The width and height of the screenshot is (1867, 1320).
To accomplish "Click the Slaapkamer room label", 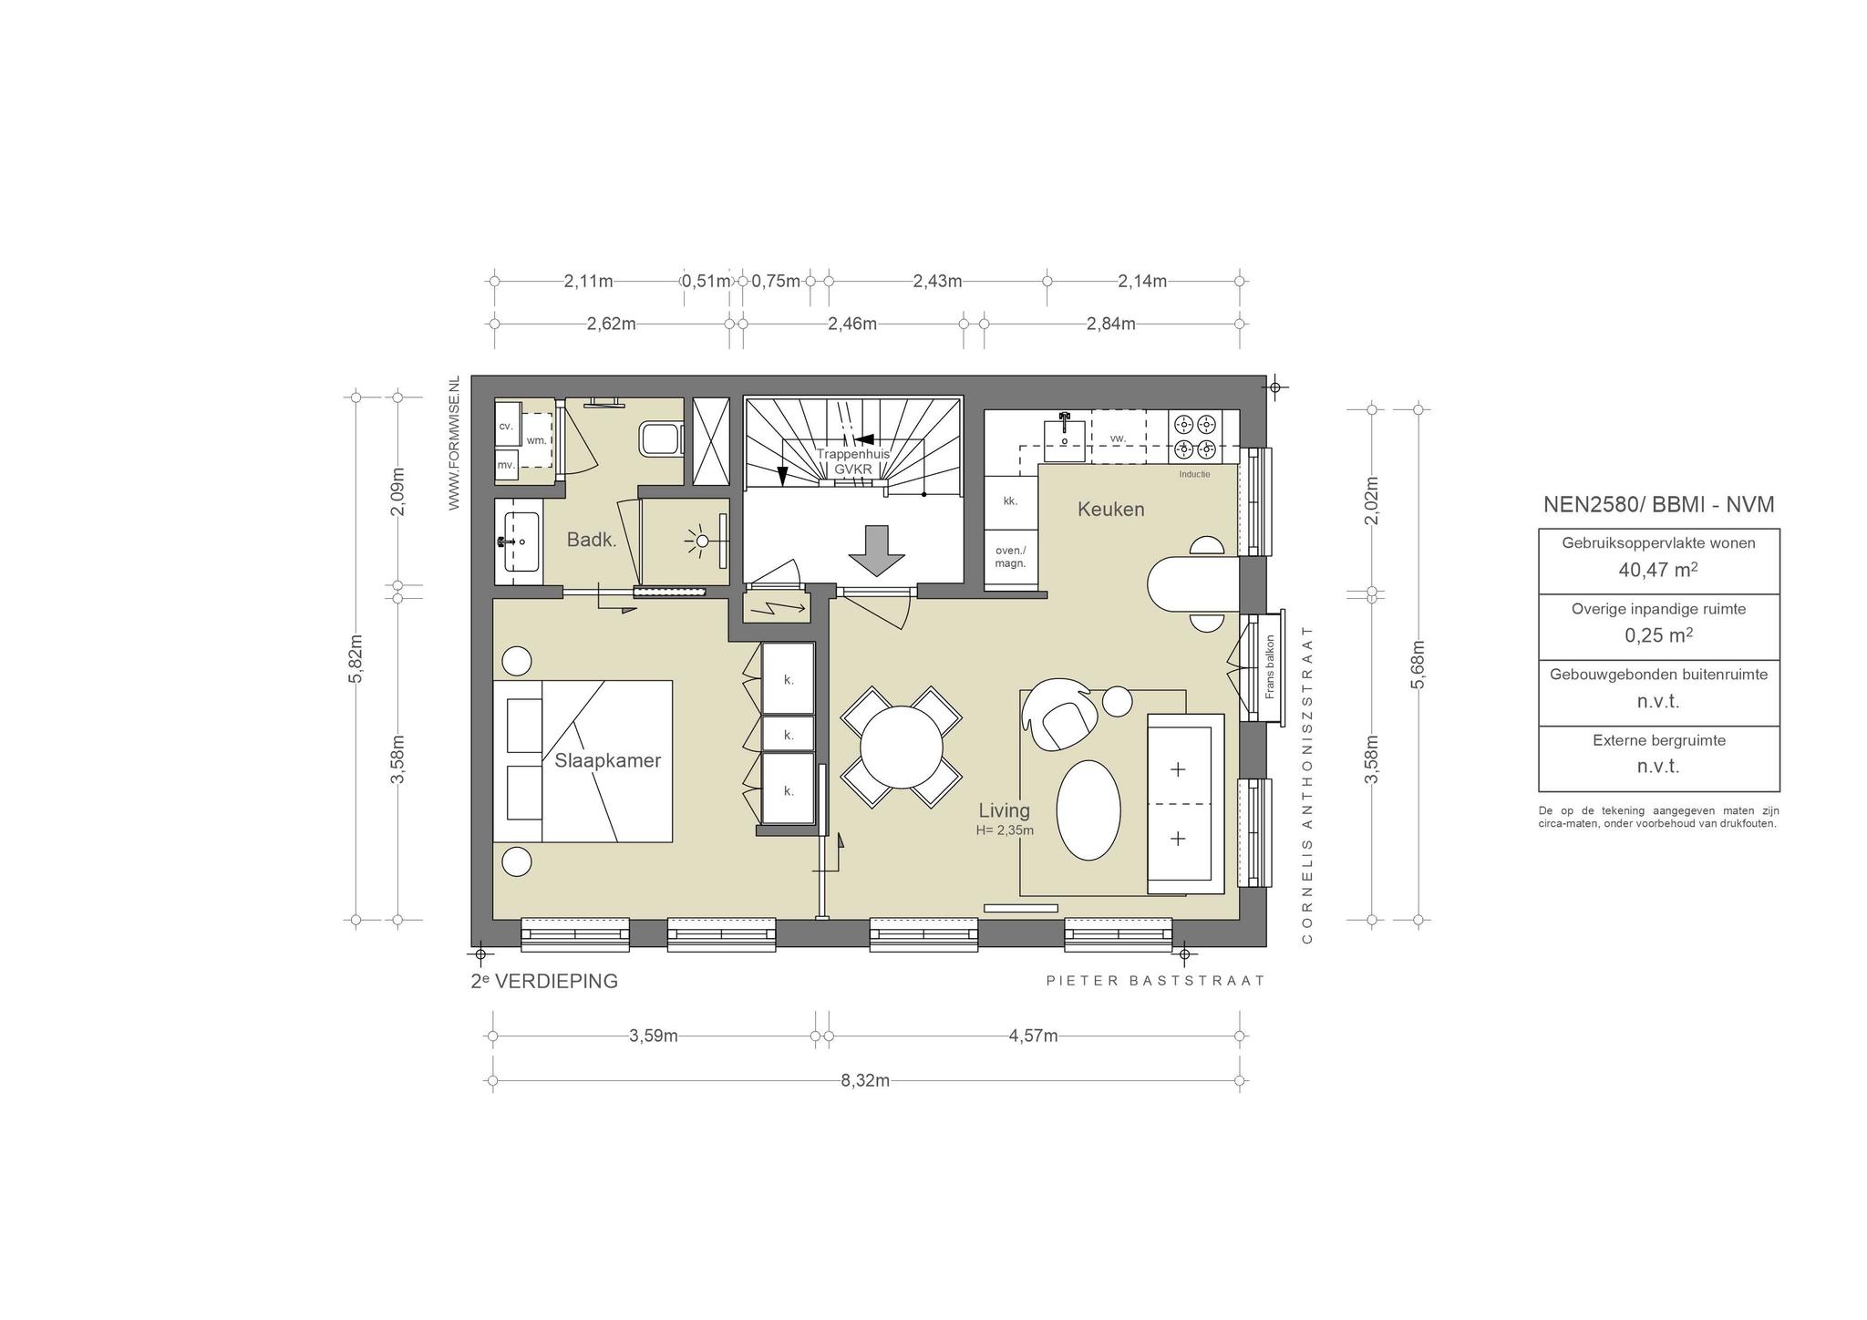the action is [x=607, y=760].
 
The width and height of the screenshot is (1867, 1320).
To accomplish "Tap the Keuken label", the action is [x=1110, y=509].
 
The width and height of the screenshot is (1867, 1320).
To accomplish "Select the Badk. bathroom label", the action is [x=592, y=540].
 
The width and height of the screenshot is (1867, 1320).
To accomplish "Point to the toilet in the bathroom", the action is [x=662, y=439].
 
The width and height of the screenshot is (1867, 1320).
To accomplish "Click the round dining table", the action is [x=901, y=748].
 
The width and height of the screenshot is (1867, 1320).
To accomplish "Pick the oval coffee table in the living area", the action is [x=1088, y=810].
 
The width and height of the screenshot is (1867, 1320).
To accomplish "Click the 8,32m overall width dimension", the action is [x=865, y=1080].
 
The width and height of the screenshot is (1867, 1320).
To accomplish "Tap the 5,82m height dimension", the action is [x=356, y=658].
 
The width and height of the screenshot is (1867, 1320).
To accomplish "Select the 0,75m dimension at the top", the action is [x=776, y=281].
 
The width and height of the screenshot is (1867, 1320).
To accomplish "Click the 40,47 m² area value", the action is [x=1658, y=570].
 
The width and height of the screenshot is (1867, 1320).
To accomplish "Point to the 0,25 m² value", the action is [x=1658, y=635].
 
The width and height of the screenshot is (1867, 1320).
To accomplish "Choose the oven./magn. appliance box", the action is [x=1010, y=557].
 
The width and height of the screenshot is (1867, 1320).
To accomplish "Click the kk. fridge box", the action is [x=1010, y=501].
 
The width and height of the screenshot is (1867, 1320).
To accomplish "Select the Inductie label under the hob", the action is [x=1194, y=474].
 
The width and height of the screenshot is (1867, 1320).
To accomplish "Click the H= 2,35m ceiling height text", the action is [x=1005, y=830].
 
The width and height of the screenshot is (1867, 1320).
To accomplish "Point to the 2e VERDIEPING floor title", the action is [x=544, y=981].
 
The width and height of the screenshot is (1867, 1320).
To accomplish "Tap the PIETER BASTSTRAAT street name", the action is [x=1156, y=981].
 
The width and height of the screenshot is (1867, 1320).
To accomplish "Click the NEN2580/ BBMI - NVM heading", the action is [x=1658, y=505].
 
